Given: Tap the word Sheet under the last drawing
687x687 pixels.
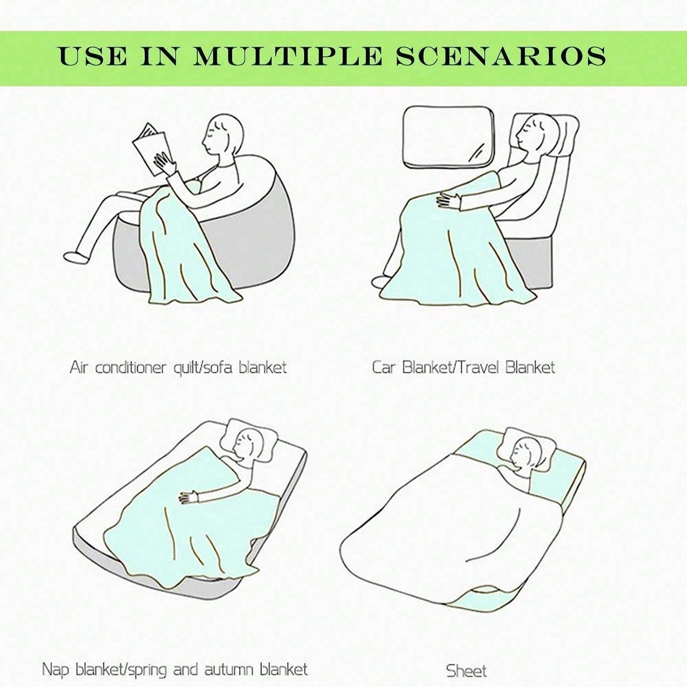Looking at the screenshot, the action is [x=466, y=671].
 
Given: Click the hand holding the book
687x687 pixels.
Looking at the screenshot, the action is [x=165, y=163].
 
